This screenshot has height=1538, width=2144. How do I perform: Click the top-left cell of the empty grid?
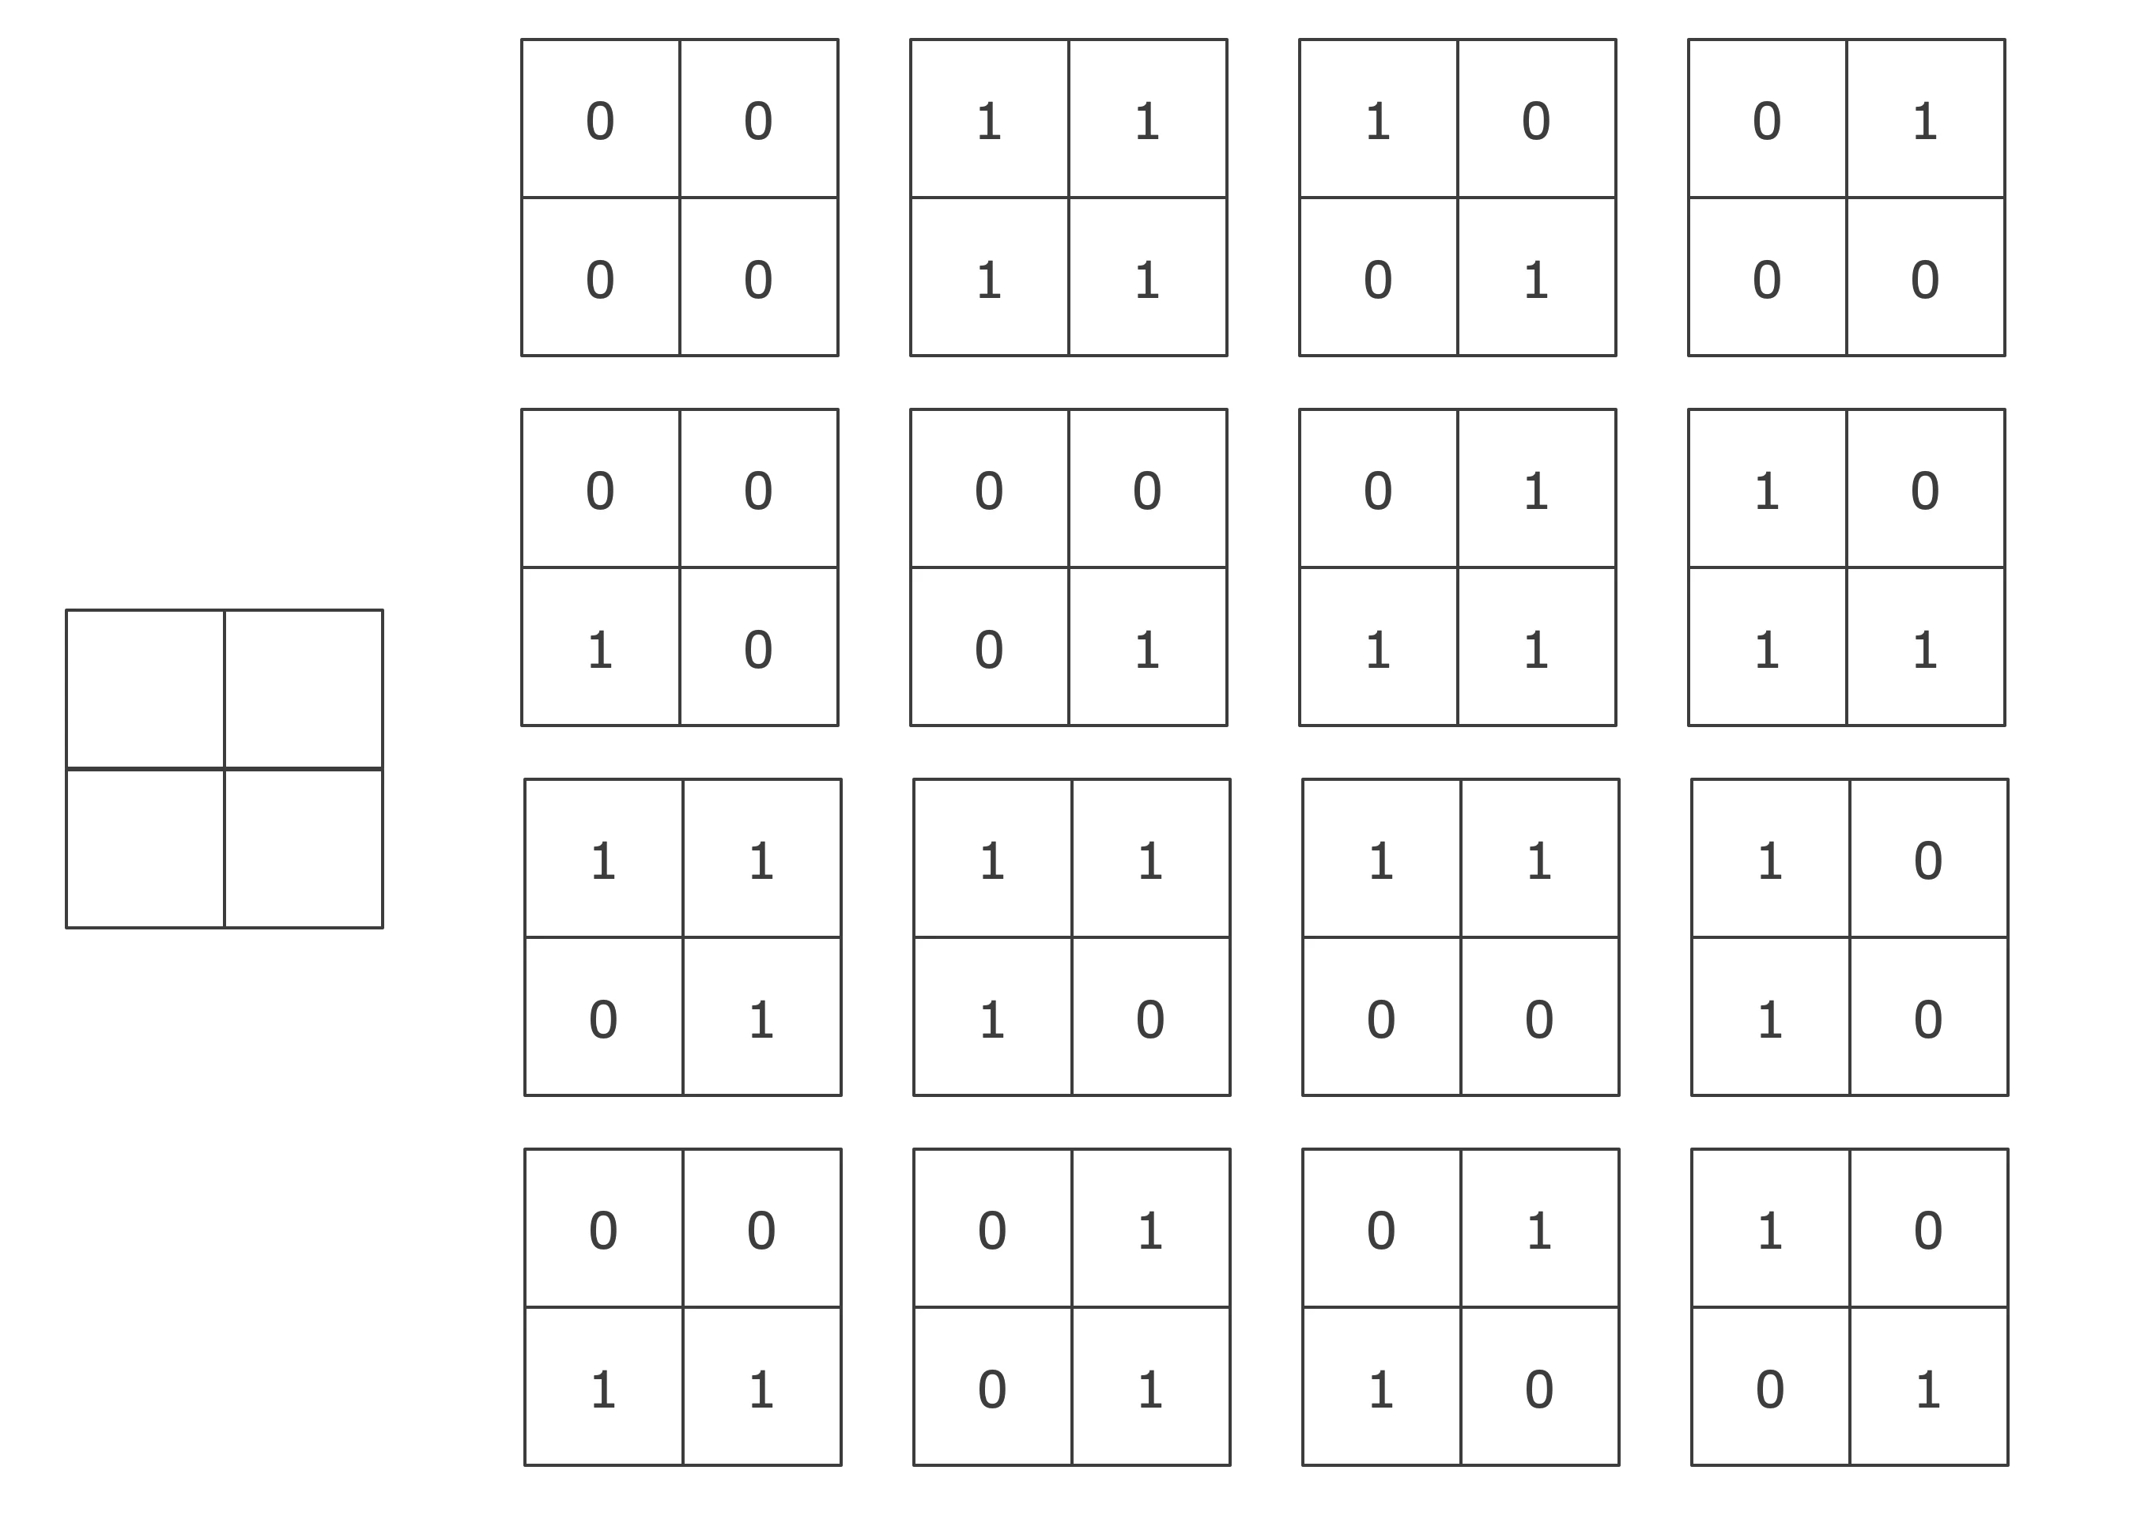pyautogui.click(x=145, y=689)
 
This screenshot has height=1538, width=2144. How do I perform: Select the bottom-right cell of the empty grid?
pyautogui.click(x=304, y=848)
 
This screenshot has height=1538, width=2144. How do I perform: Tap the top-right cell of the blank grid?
pyautogui.click(x=304, y=689)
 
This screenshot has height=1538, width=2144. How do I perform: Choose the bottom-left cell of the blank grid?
pyautogui.click(x=145, y=848)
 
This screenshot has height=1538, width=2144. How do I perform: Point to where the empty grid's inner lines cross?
pyautogui.click(x=224, y=768)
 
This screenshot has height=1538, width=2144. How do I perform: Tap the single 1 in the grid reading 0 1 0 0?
pyautogui.click(x=1926, y=122)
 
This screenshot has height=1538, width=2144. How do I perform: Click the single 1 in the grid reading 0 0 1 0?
pyautogui.click(x=600, y=650)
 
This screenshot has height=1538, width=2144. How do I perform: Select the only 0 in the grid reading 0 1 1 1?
pyautogui.click(x=1378, y=492)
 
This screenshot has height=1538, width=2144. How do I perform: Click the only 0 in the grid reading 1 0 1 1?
pyautogui.click(x=1926, y=492)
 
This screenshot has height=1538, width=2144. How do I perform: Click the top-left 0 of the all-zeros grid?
pyautogui.click(x=600, y=122)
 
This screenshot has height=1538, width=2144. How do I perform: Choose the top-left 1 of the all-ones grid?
pyautogui.click(x=989, y=122)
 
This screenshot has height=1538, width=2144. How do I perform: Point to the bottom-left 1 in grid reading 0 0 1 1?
pyautogui.click(x=603, y=1389)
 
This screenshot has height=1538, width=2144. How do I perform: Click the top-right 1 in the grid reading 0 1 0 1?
pyautogui.click(x=1150, y=1231)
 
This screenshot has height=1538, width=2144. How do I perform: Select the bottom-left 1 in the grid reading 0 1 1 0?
pyautogui.click(x=1381, y=1389)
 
